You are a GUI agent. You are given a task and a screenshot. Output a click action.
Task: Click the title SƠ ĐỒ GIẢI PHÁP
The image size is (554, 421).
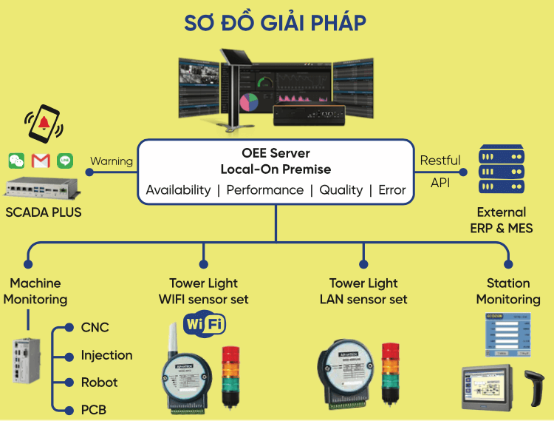[276, 23]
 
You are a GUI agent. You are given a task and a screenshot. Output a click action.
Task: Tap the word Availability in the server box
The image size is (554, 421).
[178, 190]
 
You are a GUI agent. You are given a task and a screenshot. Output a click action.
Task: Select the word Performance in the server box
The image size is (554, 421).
[264, 190]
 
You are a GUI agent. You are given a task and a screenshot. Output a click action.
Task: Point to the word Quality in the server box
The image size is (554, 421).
[341, 190]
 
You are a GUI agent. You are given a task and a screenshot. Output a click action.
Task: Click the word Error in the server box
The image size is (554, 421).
[391, 190]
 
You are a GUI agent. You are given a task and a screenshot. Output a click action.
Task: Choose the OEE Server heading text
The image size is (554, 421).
[275, 153]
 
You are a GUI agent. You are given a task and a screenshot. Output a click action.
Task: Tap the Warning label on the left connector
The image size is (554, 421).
[111, 161]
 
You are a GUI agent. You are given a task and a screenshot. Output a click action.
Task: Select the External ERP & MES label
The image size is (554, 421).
[501, 220]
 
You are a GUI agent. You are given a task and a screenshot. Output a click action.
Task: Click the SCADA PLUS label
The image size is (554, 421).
[44, 213]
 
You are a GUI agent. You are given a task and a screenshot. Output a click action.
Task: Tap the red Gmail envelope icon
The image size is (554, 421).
[41, 161]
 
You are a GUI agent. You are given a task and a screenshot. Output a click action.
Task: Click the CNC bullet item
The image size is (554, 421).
[95, 327]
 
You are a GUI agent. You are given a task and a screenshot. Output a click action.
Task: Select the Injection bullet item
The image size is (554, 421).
[106, 355]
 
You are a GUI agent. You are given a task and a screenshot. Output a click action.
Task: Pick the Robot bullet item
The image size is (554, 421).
[99, 383]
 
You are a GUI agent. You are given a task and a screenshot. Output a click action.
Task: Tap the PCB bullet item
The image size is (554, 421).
[94, 410]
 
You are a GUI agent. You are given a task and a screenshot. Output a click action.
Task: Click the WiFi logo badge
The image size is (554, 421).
[204, 324]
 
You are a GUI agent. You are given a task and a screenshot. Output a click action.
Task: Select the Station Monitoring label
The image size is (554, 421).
[507, 291]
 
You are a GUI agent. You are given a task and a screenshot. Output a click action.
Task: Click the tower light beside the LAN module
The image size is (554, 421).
[389, 373]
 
